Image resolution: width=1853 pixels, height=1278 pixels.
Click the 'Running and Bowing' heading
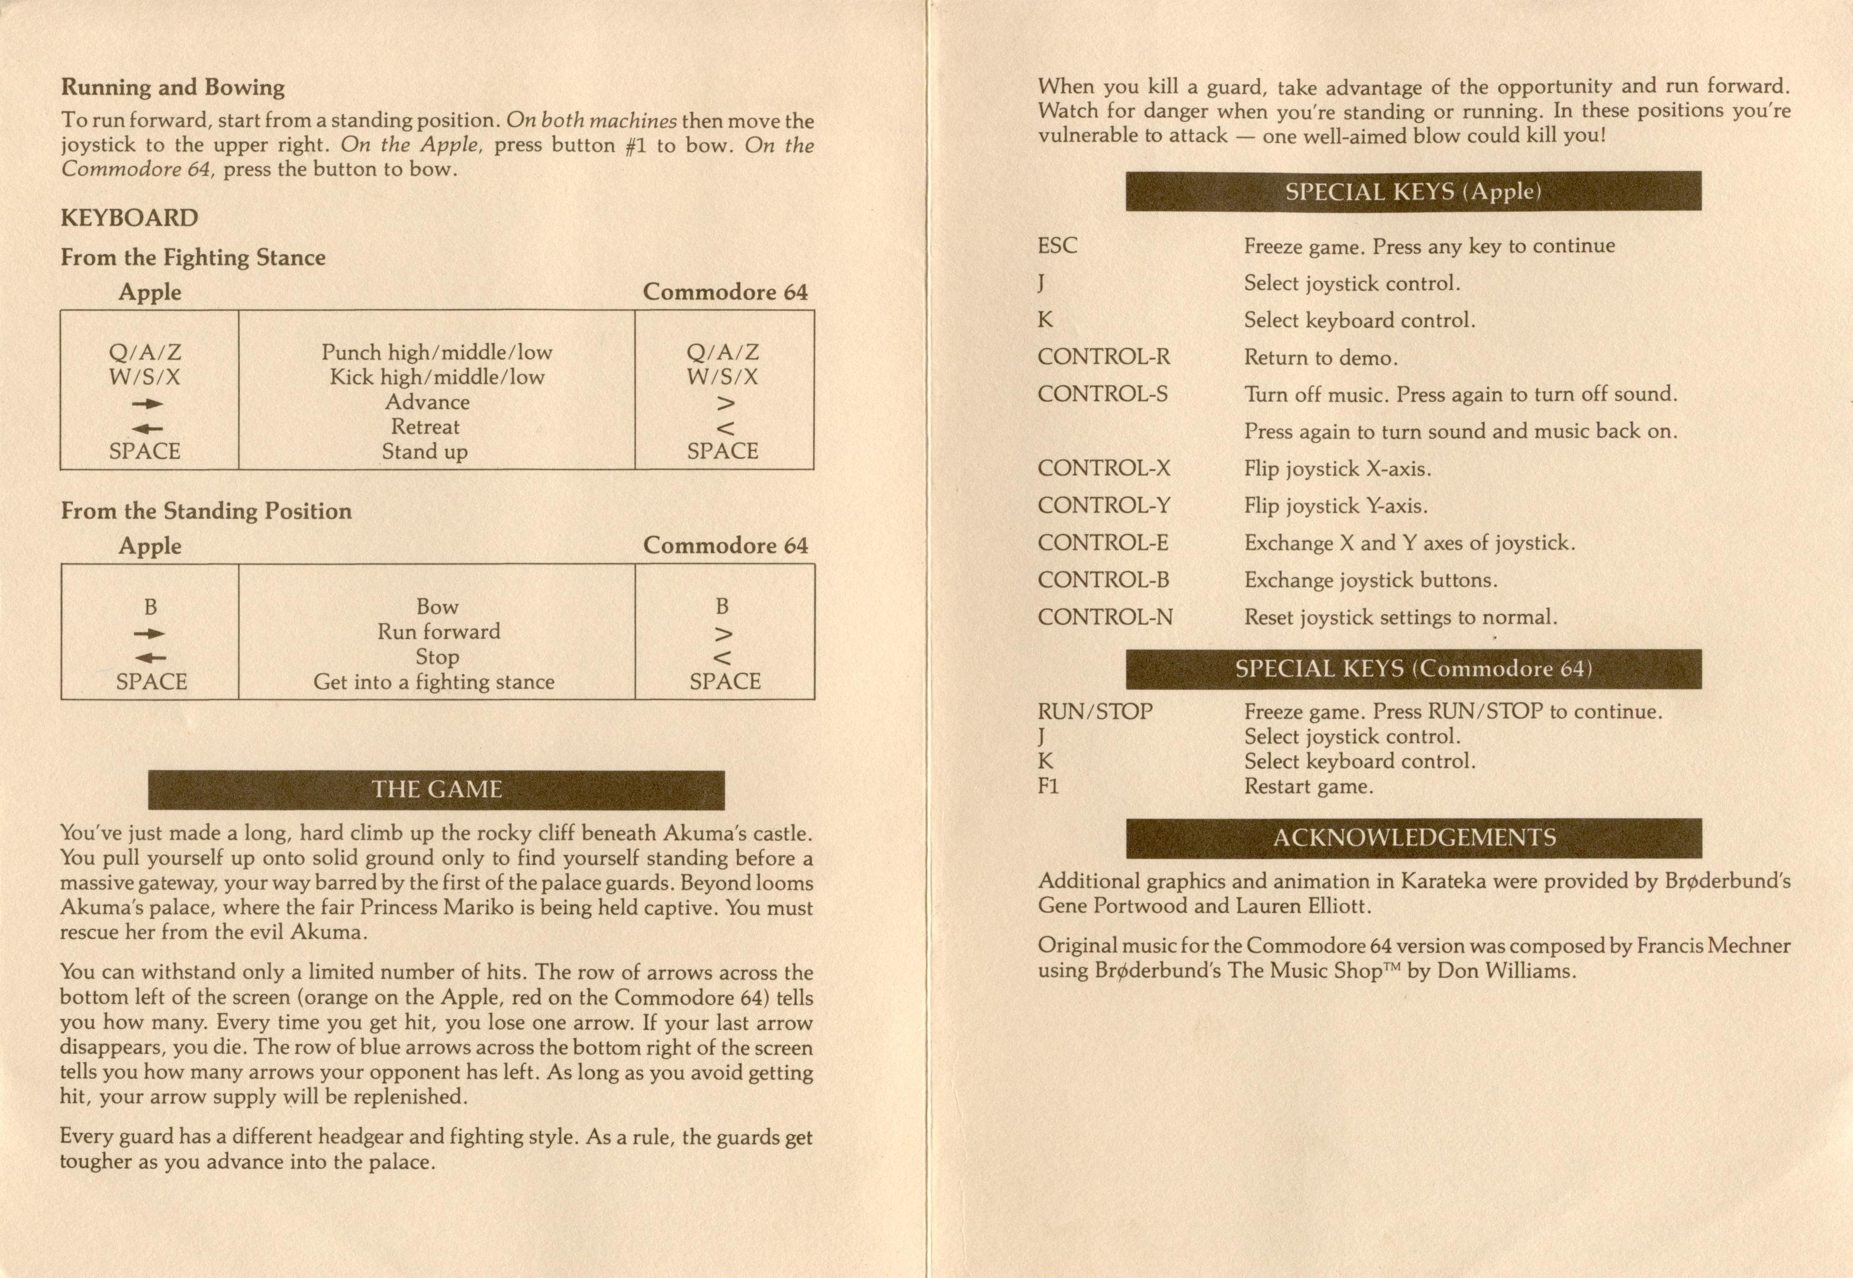coord(173,88)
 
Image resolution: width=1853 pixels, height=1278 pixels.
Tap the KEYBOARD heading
coord(129,218)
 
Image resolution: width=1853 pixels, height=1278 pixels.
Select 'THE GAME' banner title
coord(436,789)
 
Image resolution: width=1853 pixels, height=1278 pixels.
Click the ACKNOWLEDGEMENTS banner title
coord(1414,838)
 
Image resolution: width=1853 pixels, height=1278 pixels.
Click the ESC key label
coord(1058,245)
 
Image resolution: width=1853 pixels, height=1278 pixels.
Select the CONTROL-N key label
coord(1105,617)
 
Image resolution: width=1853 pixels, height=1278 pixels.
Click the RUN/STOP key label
coord(1095,711)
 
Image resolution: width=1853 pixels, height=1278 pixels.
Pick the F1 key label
coord(1048,786)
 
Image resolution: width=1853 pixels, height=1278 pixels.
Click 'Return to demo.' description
coord(1320,357)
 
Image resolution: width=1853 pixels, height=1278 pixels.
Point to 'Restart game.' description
coord(1309,786)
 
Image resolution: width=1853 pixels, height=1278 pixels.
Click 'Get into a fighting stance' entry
coord(433,682)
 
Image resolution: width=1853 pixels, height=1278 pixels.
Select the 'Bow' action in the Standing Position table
coord(437,606)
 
